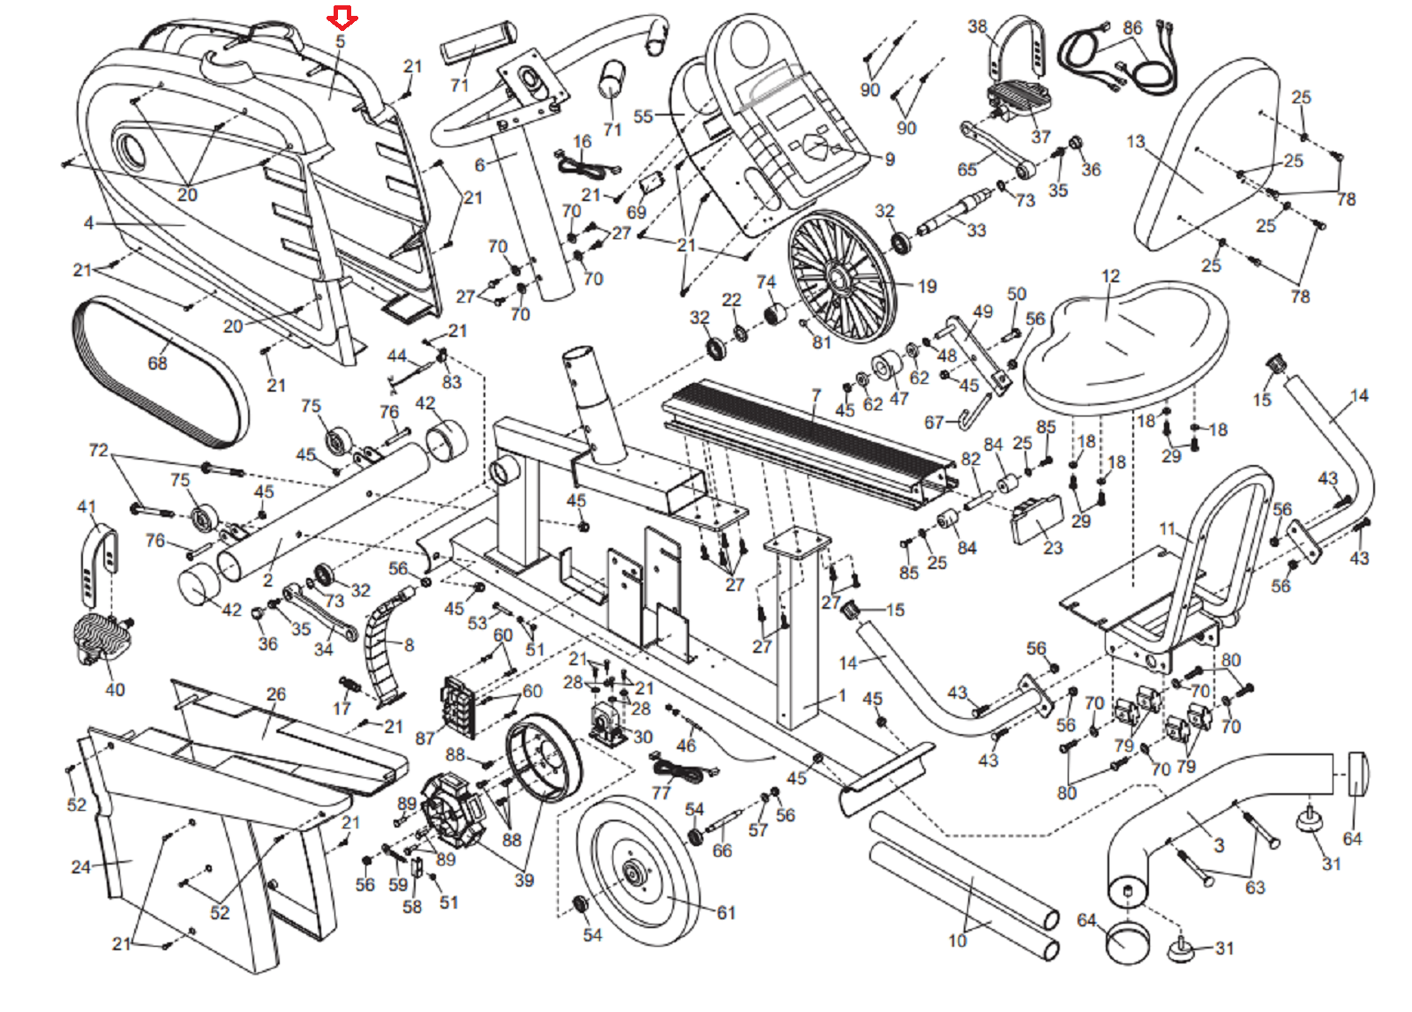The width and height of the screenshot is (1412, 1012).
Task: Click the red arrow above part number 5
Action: tap(342, 18)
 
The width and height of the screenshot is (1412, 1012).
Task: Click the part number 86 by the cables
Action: tap(1133, 28)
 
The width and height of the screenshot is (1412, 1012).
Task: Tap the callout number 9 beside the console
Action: tap(890, 159)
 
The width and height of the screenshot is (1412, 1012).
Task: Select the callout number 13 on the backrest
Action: tap(1135, 142)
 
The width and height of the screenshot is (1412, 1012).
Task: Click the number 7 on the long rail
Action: tap(816, 396)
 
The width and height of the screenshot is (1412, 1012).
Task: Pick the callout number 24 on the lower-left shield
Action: tap(81, 866)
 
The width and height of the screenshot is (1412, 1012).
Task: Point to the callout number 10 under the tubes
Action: tap(958, 941)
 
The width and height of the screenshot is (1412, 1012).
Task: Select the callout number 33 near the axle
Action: tap(976, 230)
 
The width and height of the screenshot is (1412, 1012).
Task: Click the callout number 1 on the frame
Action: tap(842, 695)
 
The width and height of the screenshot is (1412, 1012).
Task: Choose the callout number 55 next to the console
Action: tap(643, 116)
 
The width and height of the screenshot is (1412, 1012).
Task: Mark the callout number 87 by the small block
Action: tap(425, 738)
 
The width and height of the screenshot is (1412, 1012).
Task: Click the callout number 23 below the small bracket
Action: tap(1053, 548)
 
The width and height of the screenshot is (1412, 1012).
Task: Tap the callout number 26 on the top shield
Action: tap(276, 694)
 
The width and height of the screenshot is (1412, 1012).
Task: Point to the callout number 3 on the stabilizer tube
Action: tap(1219, 845)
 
